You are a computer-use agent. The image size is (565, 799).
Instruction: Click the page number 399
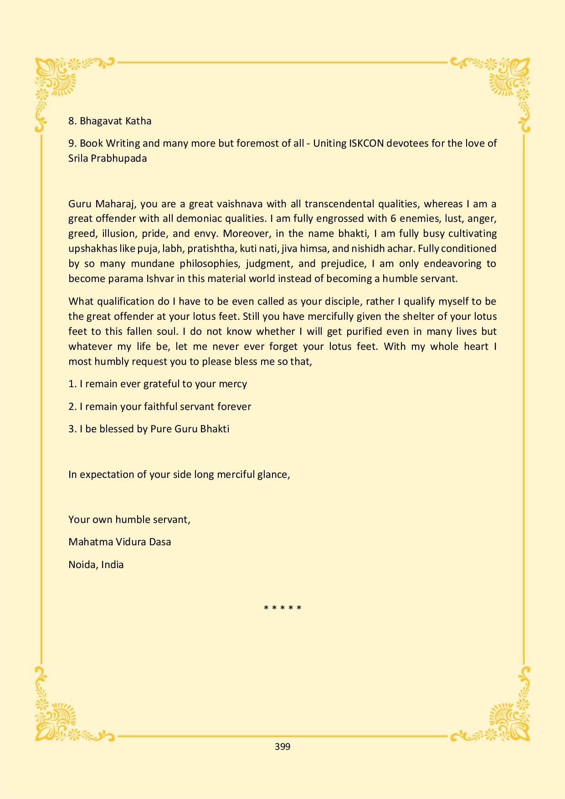pyautogui.click(x=282, y=747)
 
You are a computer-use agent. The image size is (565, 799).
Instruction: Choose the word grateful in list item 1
pyautogui.click(x=161, y=384)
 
